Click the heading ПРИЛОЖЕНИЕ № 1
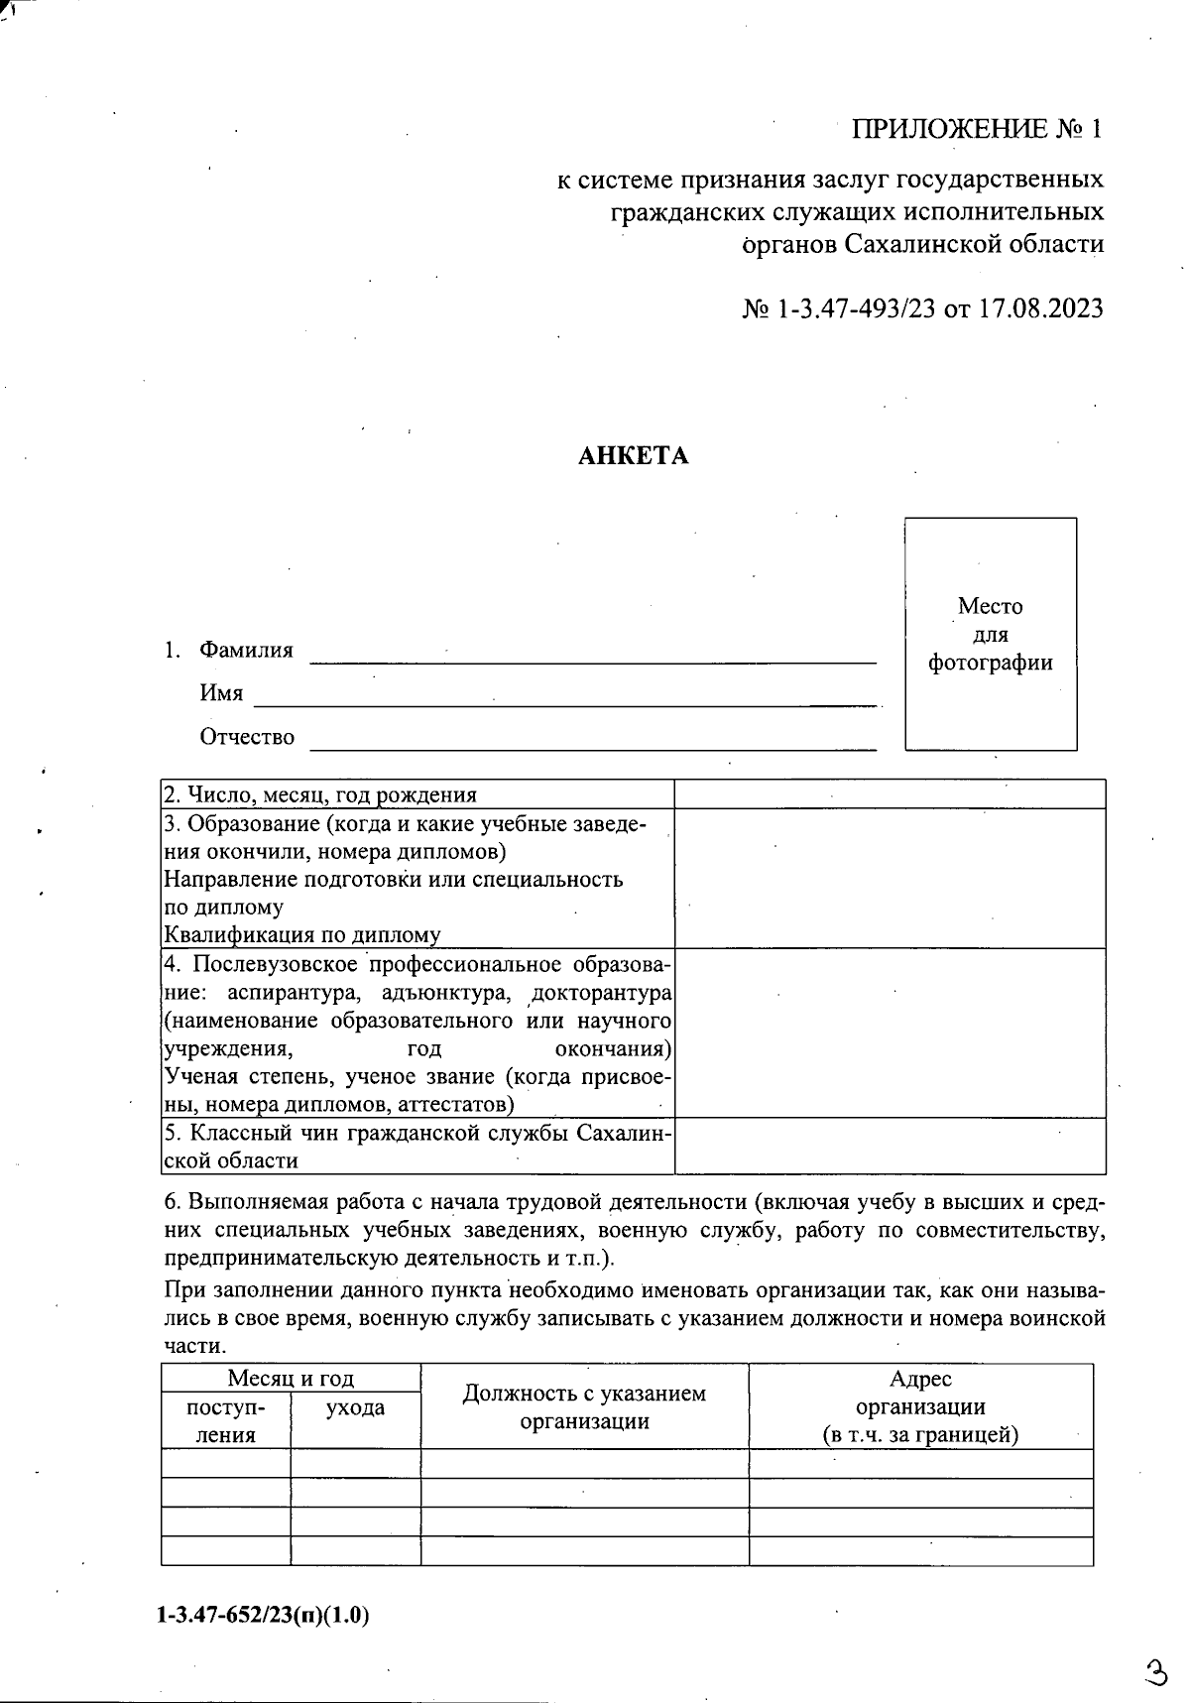pyautogui.click(x=977, y=129)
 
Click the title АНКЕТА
pyautogui.click(x=633, y=456)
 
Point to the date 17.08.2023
pyautogui.click(x=1040, y=308)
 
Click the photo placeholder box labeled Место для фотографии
pyautogui.click(x=990, y=634)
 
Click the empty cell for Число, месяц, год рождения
pyautogui.click(x=889, y=794)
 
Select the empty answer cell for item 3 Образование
pyautogui.click(x=889, y=878)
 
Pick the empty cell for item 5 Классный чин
pyautogui.click(x=889, y=1146)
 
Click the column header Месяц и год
pyautogui.click(x=291, y=1379)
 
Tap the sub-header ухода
pyautogui.click(x=355, y=1407)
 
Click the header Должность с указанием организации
pyautogui.click(x=584, y=1406)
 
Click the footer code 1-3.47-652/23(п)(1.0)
pyautogui.click(x=263, y=1616)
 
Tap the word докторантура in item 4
pyautogui.click(x=602, y=993)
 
